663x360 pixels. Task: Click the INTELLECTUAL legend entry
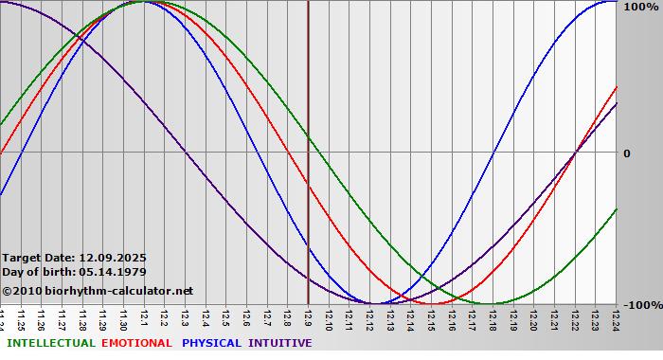click(51, 343)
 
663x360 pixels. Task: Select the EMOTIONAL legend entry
click(136, 343)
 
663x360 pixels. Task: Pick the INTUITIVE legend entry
click(280, 343)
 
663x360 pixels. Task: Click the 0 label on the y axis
click(626, 153)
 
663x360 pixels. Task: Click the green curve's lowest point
click(493, 303)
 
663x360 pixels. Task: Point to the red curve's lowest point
click(432, 303)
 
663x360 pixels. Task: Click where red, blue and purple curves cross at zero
click(575, 153)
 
